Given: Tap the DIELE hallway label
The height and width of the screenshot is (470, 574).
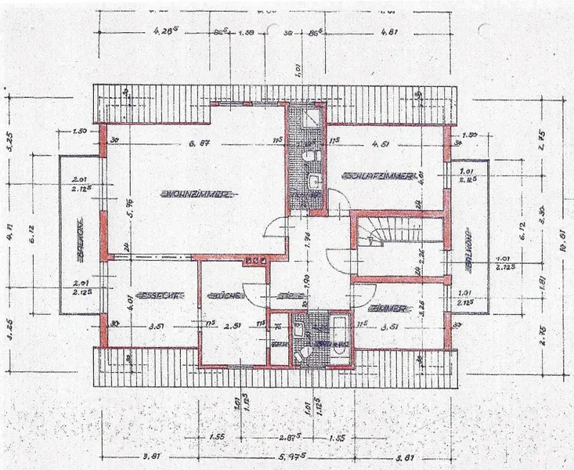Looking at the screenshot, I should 291,297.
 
